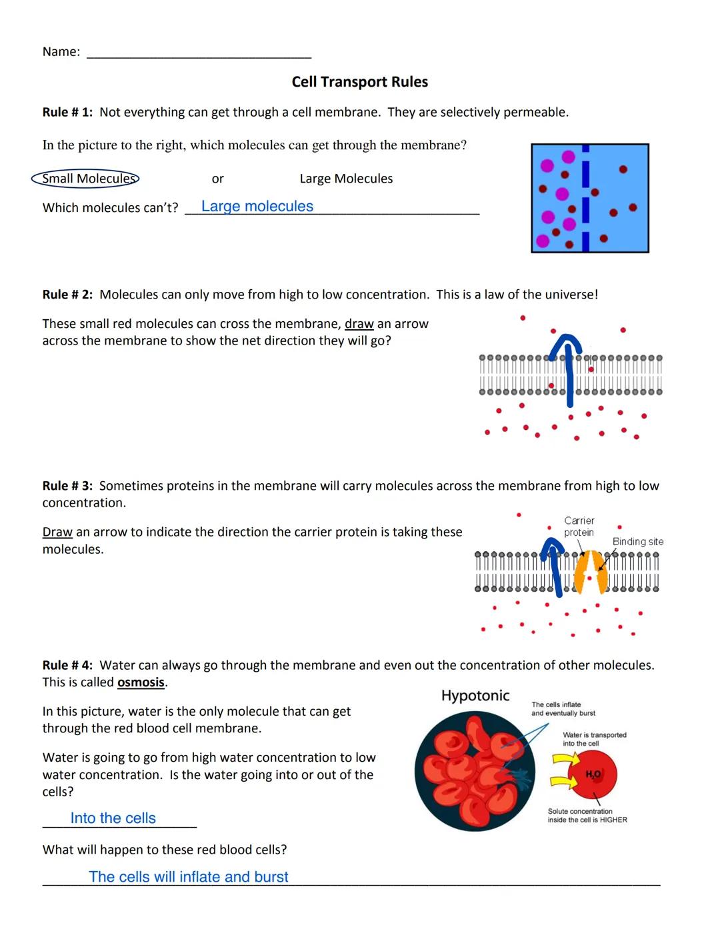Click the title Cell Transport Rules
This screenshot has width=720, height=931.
[359, 82]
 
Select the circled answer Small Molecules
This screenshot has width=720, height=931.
[85, 179]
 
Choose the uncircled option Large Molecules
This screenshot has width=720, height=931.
[346, 179]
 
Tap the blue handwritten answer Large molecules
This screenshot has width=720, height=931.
[257, 207]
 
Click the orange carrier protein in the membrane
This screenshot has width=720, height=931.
[591, 572]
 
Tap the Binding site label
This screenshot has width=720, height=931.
[637, 542]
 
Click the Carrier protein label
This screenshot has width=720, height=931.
[579, 526]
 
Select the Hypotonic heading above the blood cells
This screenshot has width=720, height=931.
[475, 696]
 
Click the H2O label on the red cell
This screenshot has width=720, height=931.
[593, 774]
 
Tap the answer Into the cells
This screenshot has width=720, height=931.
[113, 818]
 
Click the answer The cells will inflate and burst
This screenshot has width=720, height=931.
[189, 877]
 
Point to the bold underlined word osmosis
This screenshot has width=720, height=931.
[141, 682]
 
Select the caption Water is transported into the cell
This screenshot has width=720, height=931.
[594, 739]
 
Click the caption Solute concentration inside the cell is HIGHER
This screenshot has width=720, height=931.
[587, 816]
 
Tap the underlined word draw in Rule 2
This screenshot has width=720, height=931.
[359, 324]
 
